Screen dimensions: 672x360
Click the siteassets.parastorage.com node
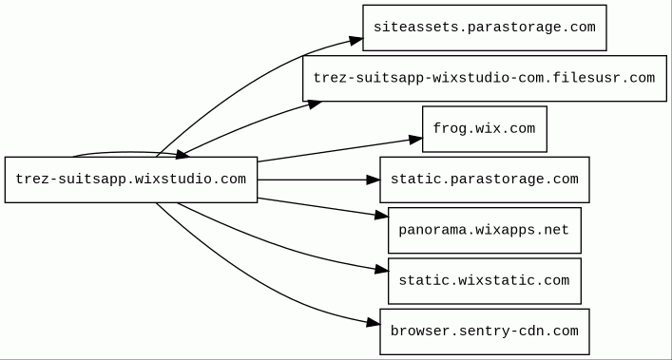coord(485,28)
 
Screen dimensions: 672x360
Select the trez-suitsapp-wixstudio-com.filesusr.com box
coord(485,78)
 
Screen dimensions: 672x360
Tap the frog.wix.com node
coord(485,129)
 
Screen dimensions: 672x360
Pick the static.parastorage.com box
coord(485,180)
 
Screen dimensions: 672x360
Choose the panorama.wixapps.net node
coord(485,230)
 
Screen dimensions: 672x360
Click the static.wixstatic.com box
coord(485,281)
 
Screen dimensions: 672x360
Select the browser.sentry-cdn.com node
coord(485,332)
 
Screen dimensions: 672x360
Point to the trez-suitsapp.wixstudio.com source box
coord(131,180)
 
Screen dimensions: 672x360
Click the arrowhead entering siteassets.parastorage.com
coord(356,40)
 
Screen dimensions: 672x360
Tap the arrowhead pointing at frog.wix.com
coord(415,140)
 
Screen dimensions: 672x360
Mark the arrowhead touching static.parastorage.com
coord(374,180)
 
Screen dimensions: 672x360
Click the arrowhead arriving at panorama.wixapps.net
coord(381,215)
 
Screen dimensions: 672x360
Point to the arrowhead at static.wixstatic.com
coord(381,269)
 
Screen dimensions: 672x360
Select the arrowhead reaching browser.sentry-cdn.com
coord(374,323)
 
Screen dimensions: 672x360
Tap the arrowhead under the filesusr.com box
coord(315,104)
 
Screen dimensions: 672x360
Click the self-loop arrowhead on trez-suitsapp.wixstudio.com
coord(182,155)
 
